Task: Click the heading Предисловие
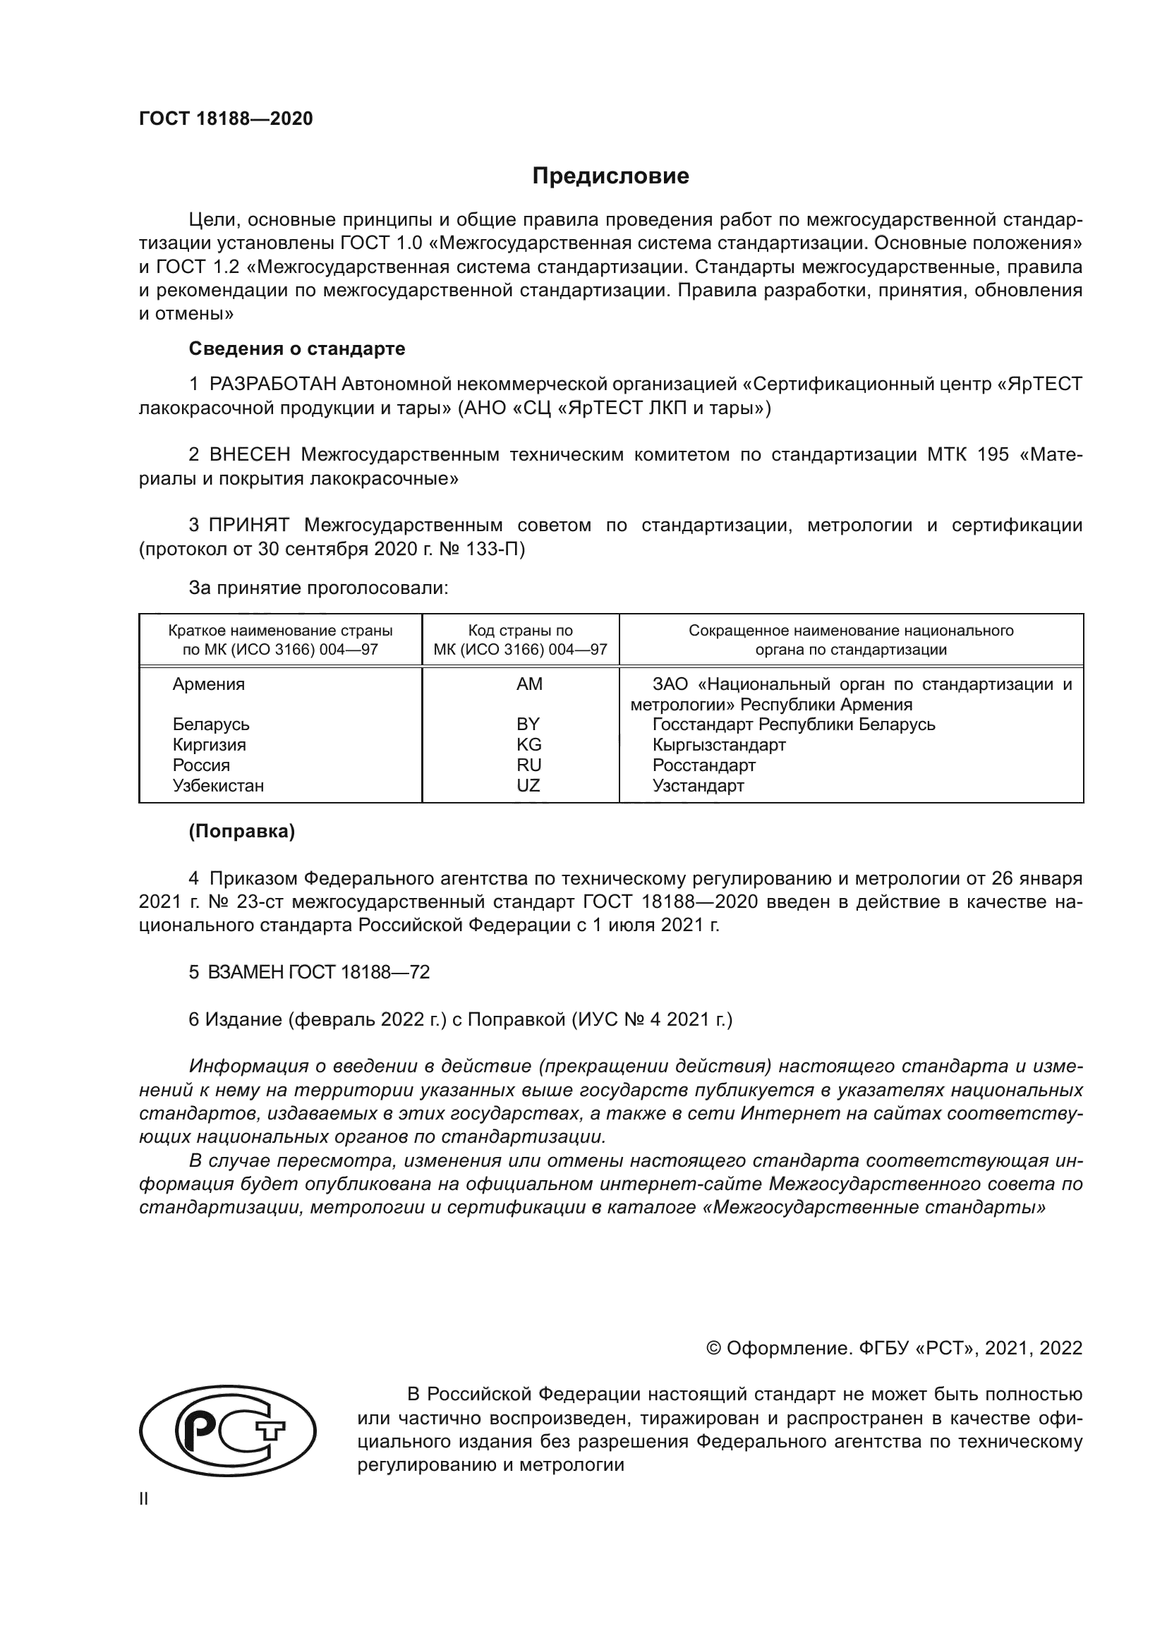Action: coord(610,176)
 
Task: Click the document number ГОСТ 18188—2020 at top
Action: coord(226,119)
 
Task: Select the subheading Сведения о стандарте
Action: coord(297,348)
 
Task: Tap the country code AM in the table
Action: coord(529,684)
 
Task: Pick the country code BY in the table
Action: coord(528,724)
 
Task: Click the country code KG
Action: coord(529,744)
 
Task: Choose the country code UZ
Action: coord(528,785)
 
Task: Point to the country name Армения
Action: coord(208,684)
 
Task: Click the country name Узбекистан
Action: coord(218,785)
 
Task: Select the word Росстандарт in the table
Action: coord(703,765)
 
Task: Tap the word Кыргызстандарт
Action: coord(718,744)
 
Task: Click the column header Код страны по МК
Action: coord(520,640)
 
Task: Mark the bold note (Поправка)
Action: coord(241,832)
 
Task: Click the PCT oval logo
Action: coord(227,1431)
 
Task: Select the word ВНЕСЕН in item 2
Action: coord(249,455)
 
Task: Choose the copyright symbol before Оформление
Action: coord(713,1348)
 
